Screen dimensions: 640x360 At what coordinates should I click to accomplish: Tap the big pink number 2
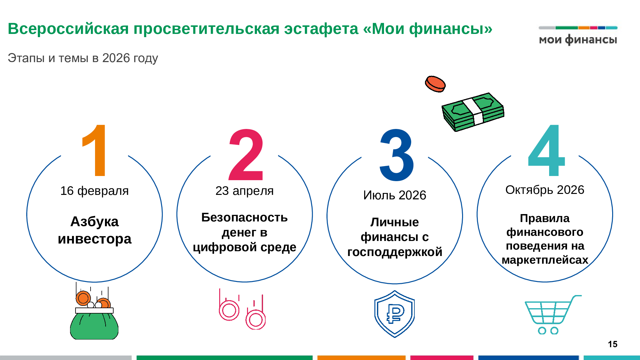pos(246,155)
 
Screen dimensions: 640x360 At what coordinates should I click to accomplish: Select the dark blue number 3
pos(397,155)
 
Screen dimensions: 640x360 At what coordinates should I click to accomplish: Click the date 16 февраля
pos(94,191)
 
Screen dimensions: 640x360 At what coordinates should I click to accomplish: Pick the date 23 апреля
pos(244,191)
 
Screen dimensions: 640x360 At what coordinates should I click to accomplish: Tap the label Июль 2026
pos(395,195)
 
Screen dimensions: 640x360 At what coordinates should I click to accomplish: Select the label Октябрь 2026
pos(545,190)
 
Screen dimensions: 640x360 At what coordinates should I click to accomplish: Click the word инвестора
pos(95,239)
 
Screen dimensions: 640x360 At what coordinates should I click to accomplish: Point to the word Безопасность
pos(244,218)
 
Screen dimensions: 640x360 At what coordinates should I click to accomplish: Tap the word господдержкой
pos(395,252)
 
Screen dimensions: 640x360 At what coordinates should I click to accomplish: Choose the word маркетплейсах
pos(545,260)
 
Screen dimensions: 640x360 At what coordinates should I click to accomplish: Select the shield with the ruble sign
pos(395,314)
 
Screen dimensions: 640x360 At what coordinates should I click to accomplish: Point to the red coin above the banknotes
pos(435,84)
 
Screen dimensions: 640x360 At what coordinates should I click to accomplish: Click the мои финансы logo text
pos(578,39)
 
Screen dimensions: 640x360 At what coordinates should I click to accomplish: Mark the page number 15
pos(612,344)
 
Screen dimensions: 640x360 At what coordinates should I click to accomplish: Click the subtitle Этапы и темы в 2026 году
pos(83,58)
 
